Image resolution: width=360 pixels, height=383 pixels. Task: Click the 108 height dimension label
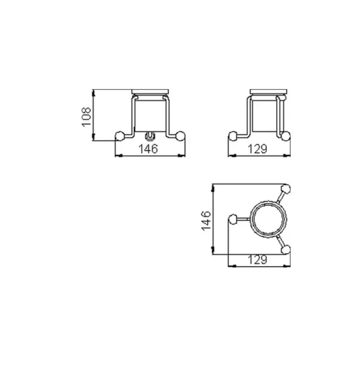point(86,116)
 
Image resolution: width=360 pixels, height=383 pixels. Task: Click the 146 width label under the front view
point(148,149)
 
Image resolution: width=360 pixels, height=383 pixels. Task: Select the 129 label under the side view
point(258,149)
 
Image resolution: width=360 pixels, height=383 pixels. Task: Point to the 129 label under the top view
point(258,260)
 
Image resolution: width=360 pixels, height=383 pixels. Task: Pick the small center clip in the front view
point(149,135)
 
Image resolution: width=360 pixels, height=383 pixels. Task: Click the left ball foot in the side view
point(233,136)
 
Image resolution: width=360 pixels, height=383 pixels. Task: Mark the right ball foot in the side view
point(286,136)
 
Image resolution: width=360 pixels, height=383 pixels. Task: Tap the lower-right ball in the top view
point(286,249)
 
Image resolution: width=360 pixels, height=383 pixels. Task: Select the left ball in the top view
point(233,219)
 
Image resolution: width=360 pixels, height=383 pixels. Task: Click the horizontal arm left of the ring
point(243,219)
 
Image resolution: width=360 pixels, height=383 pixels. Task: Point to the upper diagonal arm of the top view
point(280,197)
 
